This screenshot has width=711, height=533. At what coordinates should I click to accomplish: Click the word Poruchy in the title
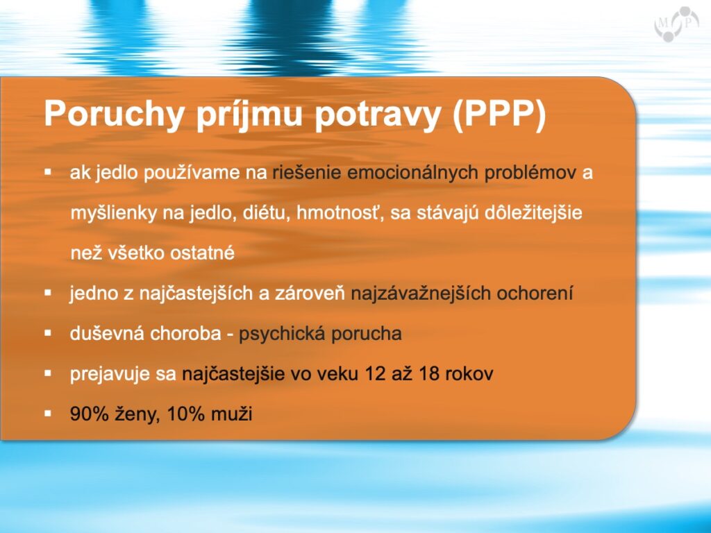114,115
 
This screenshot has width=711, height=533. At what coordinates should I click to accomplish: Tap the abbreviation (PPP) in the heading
499,115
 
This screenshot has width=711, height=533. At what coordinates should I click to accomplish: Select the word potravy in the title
378,115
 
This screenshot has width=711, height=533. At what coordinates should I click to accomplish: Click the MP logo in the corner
677,23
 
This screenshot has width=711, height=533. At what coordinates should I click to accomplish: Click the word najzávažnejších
421,294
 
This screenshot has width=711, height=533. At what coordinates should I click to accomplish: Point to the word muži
232,414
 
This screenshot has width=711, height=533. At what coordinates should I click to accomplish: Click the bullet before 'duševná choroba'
48,333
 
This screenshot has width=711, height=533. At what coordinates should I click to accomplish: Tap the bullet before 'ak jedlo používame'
48,172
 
